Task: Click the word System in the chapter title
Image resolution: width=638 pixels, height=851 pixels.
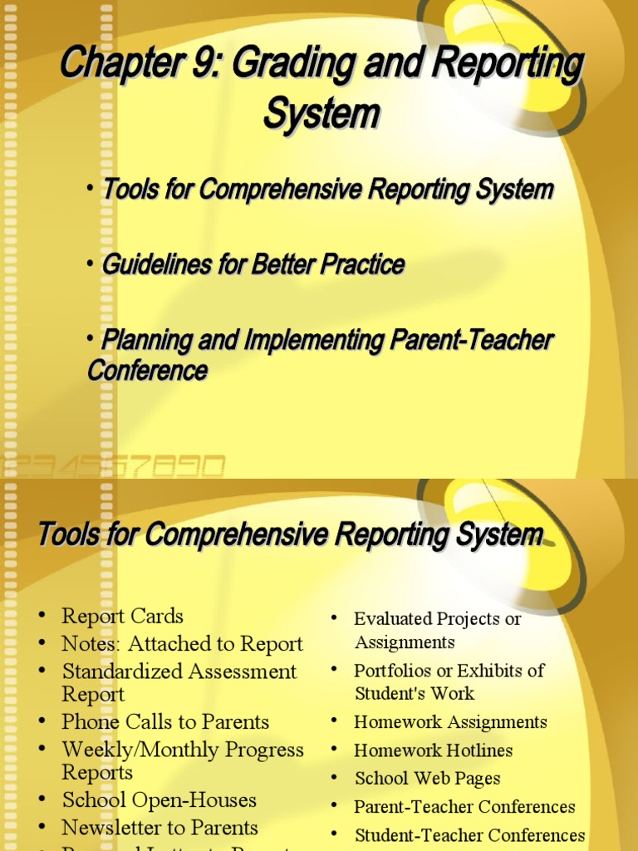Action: coord(321,113)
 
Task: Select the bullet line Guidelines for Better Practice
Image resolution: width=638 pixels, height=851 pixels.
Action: coord(253,265)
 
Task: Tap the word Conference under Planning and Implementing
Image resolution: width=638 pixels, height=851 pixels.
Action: coord(147,371)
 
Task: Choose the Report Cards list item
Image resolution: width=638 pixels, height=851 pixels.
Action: coord(122,617)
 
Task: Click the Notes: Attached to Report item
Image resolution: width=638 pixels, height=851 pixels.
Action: coord(182,644)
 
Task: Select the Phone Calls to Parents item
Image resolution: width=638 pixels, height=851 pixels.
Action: coord(165,722)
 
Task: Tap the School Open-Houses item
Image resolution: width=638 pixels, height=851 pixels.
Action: coord(159,800)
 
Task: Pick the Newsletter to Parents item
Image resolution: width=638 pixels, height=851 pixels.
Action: coord(159,828)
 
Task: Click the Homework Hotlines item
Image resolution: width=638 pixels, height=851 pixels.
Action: coord(433,750)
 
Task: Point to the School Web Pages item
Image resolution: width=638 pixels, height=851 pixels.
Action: coord(427,779)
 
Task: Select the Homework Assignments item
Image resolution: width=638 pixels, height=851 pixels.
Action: coord(450,722)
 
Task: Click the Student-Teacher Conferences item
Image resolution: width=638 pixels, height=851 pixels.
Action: coord(469,835)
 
